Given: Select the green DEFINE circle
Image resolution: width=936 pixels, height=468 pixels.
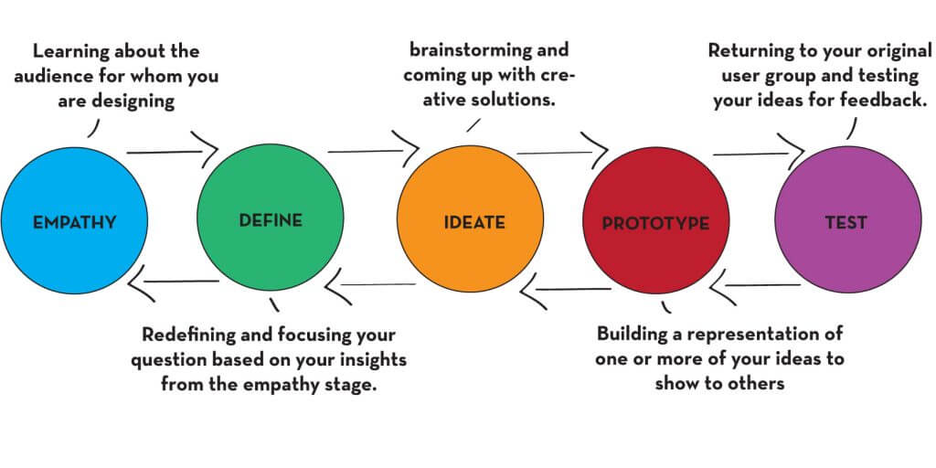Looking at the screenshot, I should click(x=270, y=220).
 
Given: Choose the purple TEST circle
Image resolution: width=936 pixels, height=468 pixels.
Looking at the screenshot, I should click(x=846, y=222).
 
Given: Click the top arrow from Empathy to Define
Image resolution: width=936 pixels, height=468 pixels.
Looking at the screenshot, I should click(x=174, y=146).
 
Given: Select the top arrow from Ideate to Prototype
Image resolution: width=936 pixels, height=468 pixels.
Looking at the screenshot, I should click(x=562, y=149).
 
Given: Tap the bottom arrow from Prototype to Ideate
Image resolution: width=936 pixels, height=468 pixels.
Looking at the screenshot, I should click(x=567, y=290).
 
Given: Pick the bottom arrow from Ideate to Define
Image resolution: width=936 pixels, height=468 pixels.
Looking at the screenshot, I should click(x=370, y=285).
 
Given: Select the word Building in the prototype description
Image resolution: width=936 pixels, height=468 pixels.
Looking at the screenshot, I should click(x=633, y=335).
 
